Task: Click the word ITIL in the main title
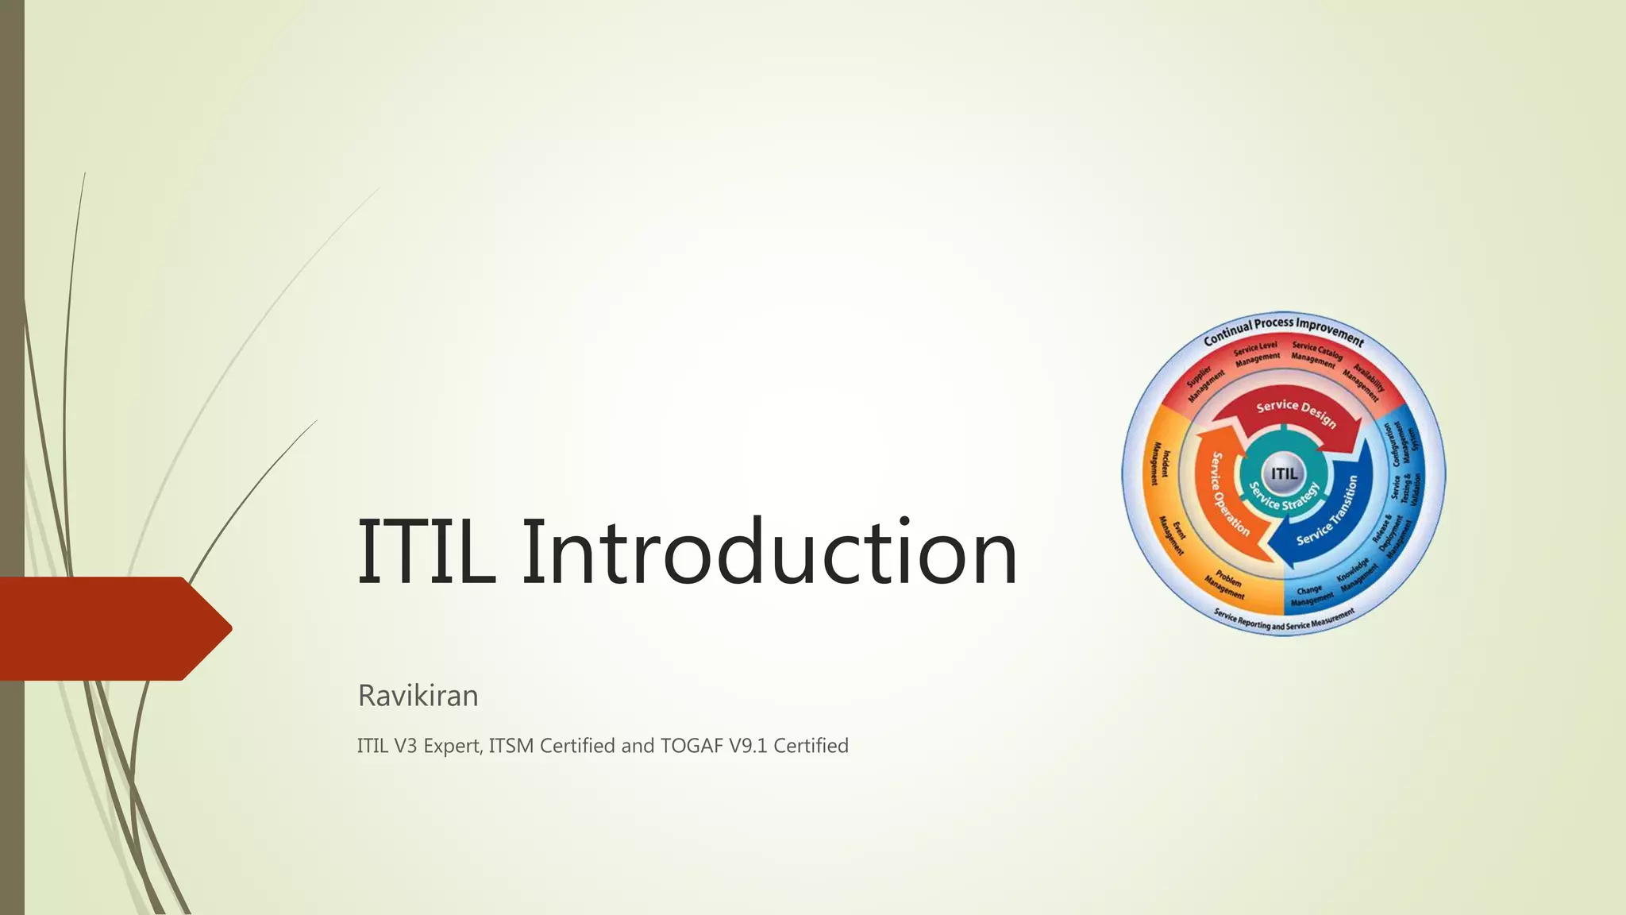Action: tap(426, 551)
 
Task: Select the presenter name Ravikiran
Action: tap(418, 696)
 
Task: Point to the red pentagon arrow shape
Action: tap(111, 628)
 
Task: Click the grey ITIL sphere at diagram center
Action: tap(1284, 473)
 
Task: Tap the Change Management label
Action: tap(1311, 596)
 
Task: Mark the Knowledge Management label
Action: tap(1355, 576)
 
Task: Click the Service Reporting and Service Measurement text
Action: tap(1283, 620)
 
